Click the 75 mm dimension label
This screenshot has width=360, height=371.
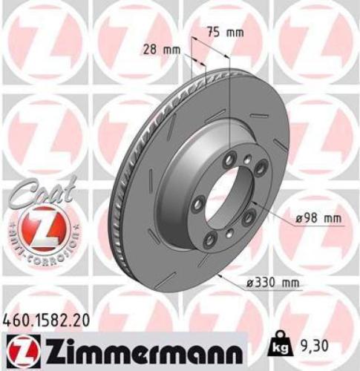[x=223, y=33]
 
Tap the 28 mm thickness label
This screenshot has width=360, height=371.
[x=159, y=49]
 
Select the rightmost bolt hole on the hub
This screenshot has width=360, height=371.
[x=260, y=170]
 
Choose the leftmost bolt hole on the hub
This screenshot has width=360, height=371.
[x=198, y=203]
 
